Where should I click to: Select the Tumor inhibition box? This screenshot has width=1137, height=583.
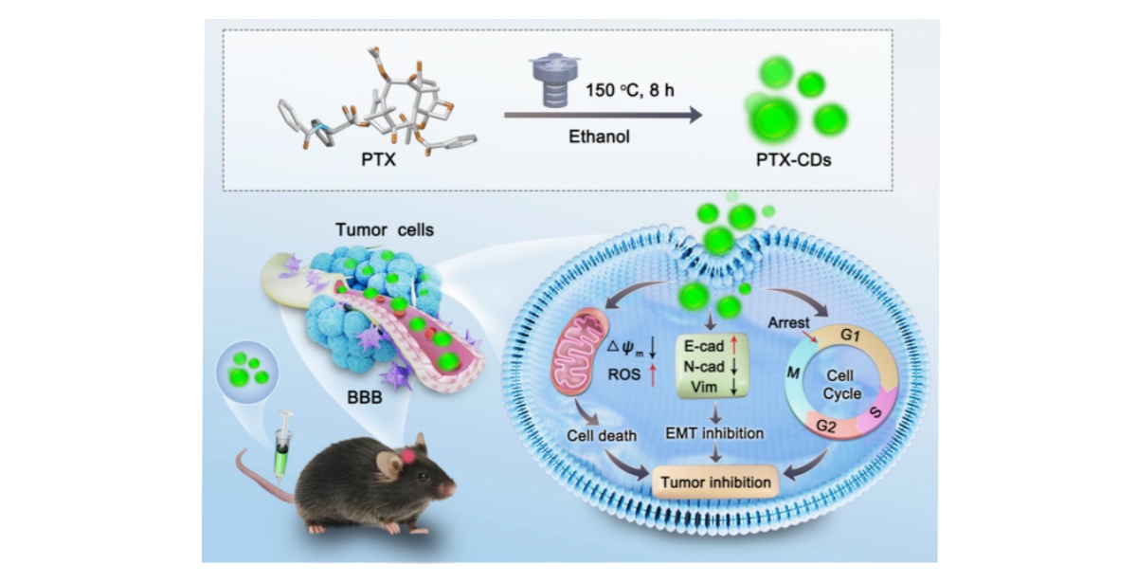click(x=716, y=482)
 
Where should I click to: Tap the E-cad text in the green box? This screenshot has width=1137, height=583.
click(x=706, y=348)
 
